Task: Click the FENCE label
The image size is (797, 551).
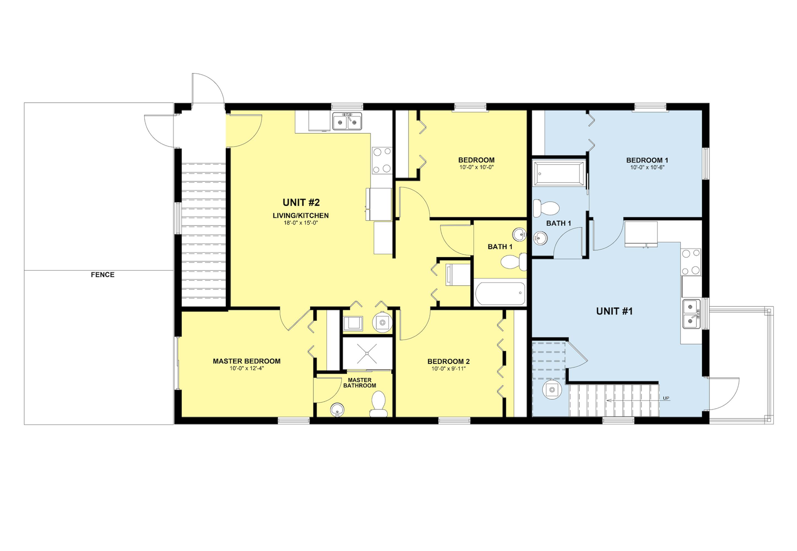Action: tap(102, 275)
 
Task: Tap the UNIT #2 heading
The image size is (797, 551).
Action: tap(301, 202)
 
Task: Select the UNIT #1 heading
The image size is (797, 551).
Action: tap(614, 311)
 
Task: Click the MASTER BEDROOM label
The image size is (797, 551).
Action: tap(246, 361)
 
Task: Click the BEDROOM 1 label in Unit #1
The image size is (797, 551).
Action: tap(647, 160)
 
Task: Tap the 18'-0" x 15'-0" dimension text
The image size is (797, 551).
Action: tap(300, 223)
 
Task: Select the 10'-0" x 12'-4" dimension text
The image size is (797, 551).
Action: tap(247, 368)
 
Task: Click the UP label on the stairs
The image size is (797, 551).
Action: tap(666, 398)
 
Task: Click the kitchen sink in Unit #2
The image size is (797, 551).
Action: tap(347, 121)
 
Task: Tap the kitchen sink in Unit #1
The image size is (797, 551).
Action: tap(692, 314)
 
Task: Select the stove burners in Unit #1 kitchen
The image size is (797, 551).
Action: tap(691, 262)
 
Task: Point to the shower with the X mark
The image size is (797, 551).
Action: tap(367, 353)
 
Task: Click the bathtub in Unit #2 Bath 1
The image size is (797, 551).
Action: tap(500, 293)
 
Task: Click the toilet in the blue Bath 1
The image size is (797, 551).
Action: tap(546, 208)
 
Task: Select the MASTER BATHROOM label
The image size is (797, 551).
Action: tap(359, 383)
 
